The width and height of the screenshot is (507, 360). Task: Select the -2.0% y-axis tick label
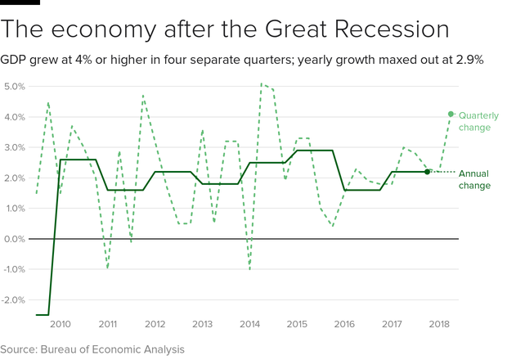point(15,299)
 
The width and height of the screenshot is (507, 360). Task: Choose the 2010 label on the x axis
point(61,324)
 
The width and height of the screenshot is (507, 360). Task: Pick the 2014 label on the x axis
point(249,324)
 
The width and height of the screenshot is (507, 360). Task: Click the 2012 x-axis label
point(155,324)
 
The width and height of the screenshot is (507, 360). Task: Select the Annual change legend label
point(474,179)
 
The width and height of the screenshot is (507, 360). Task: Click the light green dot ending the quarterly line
point(451,115)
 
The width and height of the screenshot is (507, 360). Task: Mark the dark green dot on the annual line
point(427,172)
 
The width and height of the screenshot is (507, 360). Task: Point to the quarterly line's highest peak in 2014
point(262,83)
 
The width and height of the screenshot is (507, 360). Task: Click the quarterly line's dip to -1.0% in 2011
point(107,268)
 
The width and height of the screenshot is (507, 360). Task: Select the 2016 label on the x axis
point(344,324)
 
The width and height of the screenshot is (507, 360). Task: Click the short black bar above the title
point(20,2)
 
